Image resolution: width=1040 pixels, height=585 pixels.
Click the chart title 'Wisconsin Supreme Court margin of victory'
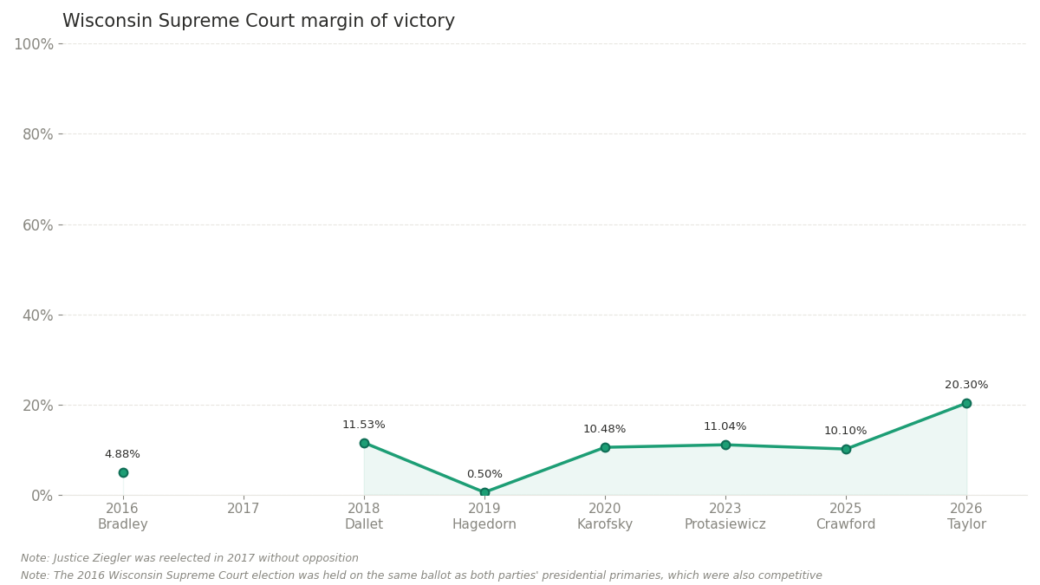[258, 22]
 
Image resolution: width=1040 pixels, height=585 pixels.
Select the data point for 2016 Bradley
[123, 472]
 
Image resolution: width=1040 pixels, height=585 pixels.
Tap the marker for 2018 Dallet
[364, 443]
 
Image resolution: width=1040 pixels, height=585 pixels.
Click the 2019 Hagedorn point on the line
[484, 492]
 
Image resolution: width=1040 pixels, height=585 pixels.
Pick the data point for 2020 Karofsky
[605, 447]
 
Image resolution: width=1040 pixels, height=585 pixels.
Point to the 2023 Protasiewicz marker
[725, 445]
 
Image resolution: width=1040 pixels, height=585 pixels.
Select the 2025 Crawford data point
[846, 449]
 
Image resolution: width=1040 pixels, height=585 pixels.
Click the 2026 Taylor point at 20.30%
[966, 403]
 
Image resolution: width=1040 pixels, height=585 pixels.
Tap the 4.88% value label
[122, 454]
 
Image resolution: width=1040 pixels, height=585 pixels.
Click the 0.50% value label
[484, 474]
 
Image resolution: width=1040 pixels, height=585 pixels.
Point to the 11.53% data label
[364, 425]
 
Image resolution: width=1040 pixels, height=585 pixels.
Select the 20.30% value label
[966, 385]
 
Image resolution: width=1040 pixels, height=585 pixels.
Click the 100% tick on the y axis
[33, 44]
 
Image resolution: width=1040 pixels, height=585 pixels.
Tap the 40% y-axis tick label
[37, 315]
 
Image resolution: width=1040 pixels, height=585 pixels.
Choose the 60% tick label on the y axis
[37, 225]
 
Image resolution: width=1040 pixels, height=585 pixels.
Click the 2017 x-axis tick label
[244, 509]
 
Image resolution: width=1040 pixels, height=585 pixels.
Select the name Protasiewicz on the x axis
[725, 524]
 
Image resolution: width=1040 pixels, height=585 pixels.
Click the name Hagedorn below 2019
[484, 524]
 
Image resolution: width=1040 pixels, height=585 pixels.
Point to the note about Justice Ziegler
[190, 558]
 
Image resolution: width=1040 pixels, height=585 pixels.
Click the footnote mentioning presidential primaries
[421, 575]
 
